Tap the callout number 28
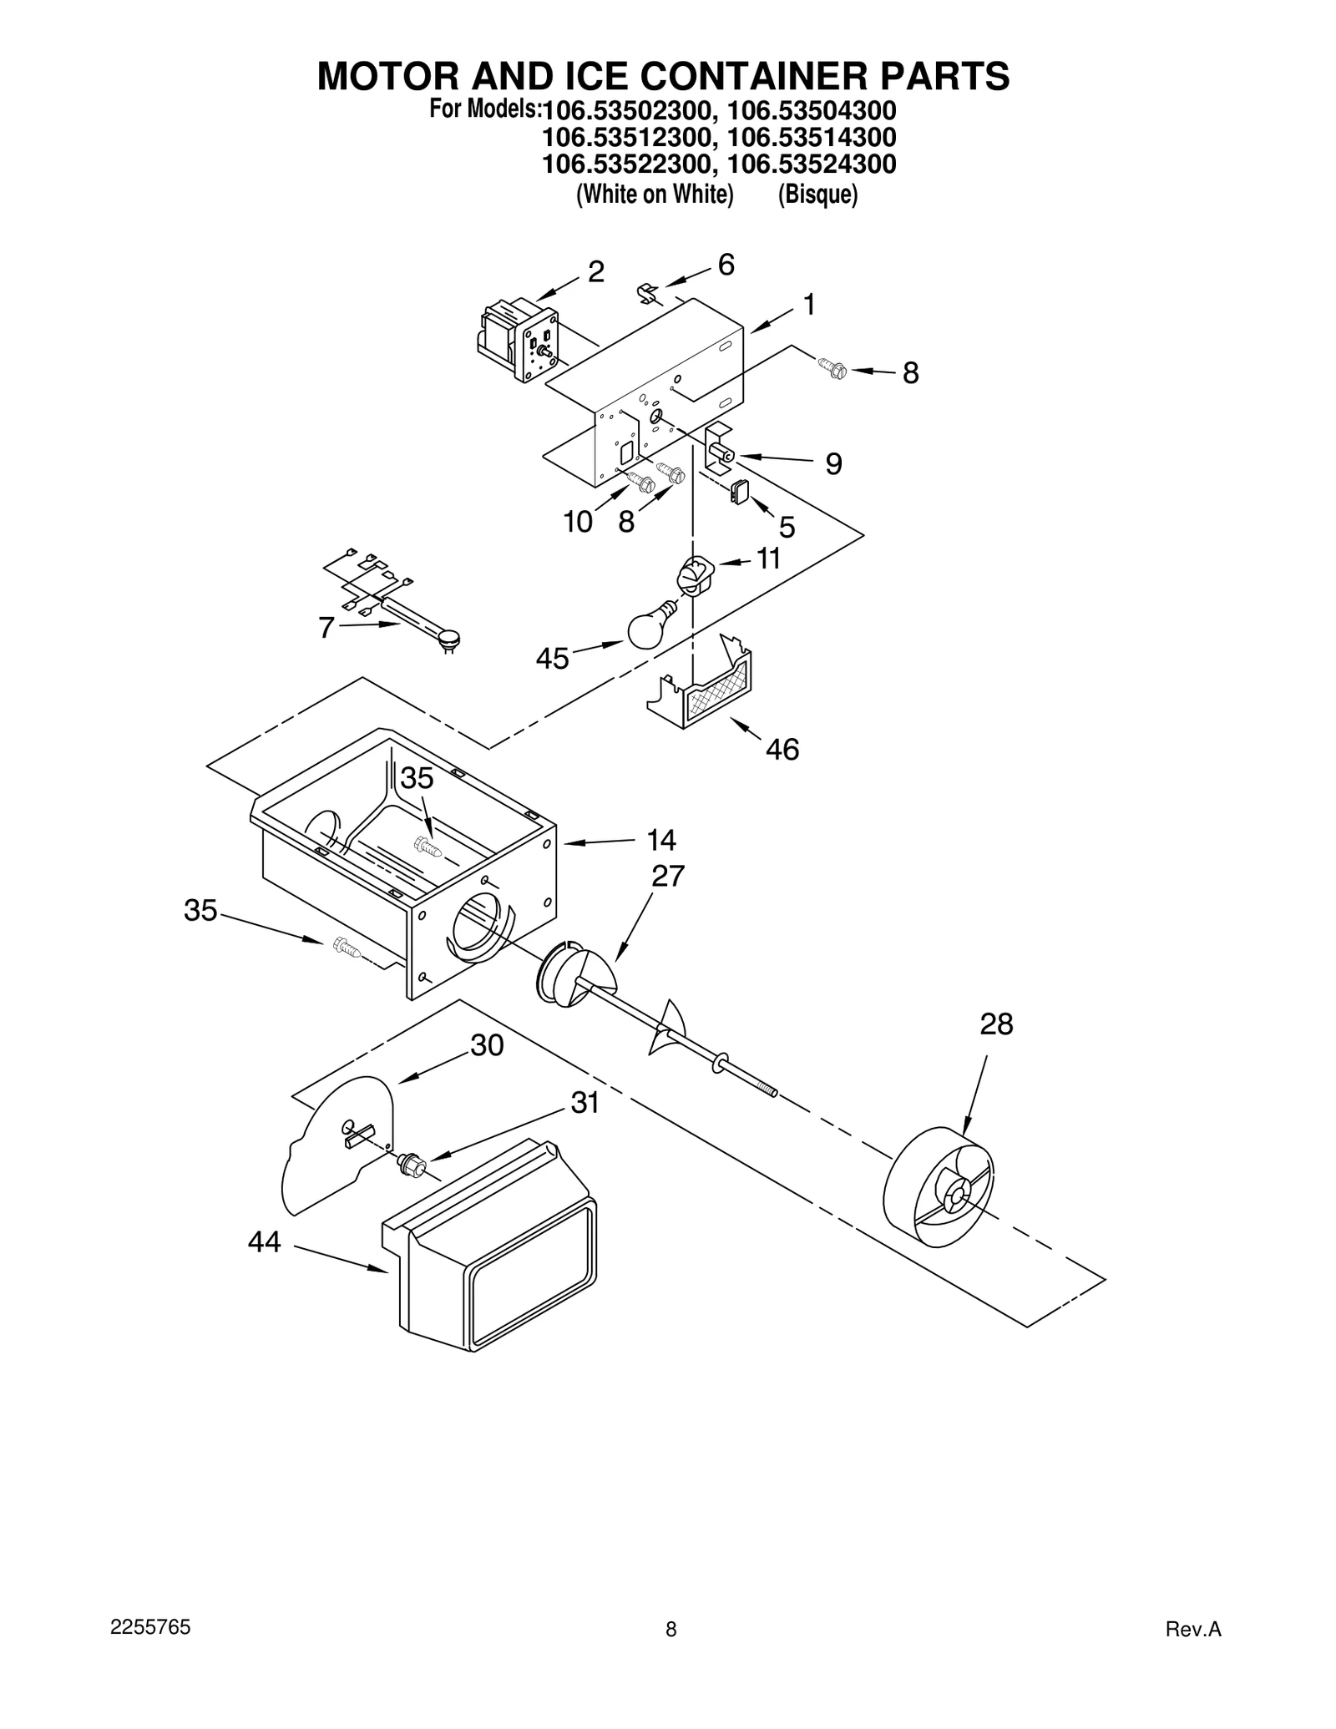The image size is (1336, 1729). coord(996,1024)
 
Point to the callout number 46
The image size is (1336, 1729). coord(782,749)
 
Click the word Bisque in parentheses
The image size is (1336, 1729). coord(817,195)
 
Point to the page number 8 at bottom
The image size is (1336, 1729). coord(671,1629)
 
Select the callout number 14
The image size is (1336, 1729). coord(660,839)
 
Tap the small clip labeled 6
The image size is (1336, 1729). coord(648,293)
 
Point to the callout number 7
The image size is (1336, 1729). coord(326,627)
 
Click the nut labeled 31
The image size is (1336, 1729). coord(412,1161)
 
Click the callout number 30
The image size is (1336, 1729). coord(487,1044)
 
